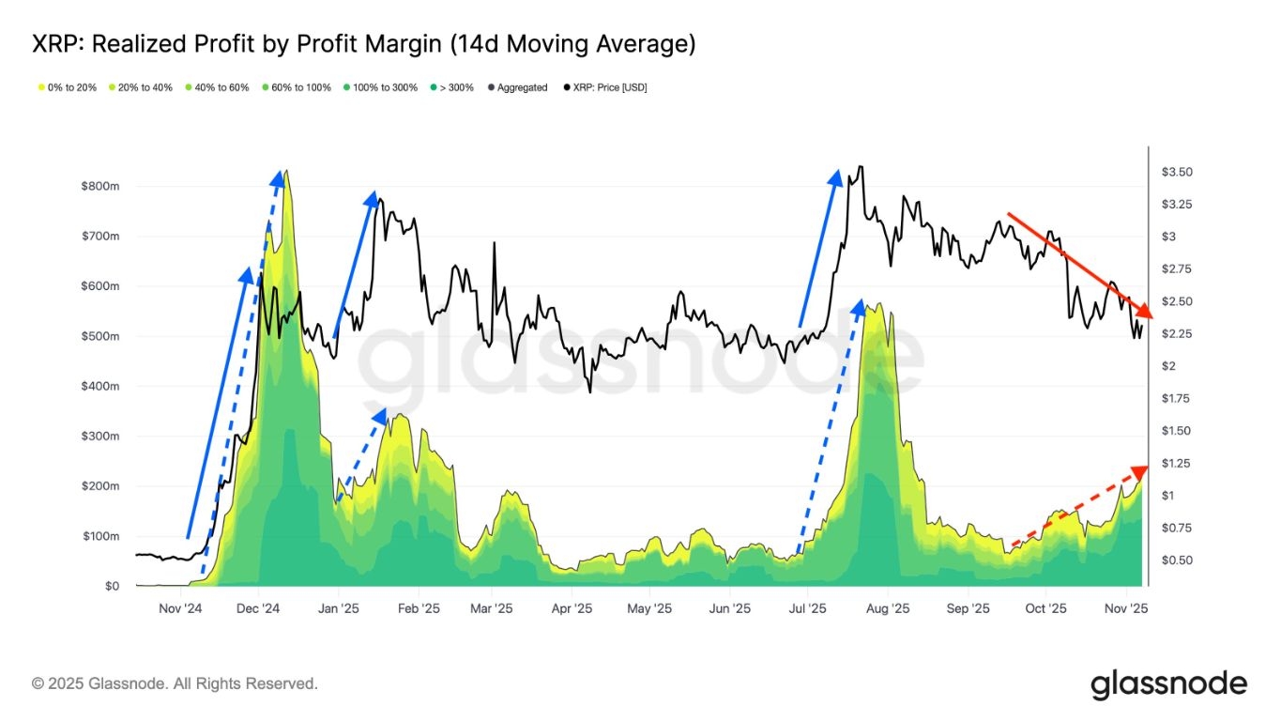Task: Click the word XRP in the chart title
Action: pos(53,44)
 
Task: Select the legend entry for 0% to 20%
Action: pos(68,87)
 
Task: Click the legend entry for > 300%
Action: pos(453,87)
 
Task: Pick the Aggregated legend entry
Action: pos(517,87)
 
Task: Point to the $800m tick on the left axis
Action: pos(100,187)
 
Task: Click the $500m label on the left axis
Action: pos(100,336)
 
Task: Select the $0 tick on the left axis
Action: pos(112,586)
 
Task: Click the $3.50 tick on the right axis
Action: pos(1177,173)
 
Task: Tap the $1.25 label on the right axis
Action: pos(1177,464)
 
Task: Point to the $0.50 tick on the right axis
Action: pos(1177,560)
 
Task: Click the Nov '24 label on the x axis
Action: pos(180,608)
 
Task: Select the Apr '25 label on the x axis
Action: pos(572,608)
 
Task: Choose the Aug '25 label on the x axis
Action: pos(888,608)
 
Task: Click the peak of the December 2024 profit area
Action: pos(285,172)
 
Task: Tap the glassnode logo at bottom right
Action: pos(1168,684)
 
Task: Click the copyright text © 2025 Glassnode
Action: pos(175,684)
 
